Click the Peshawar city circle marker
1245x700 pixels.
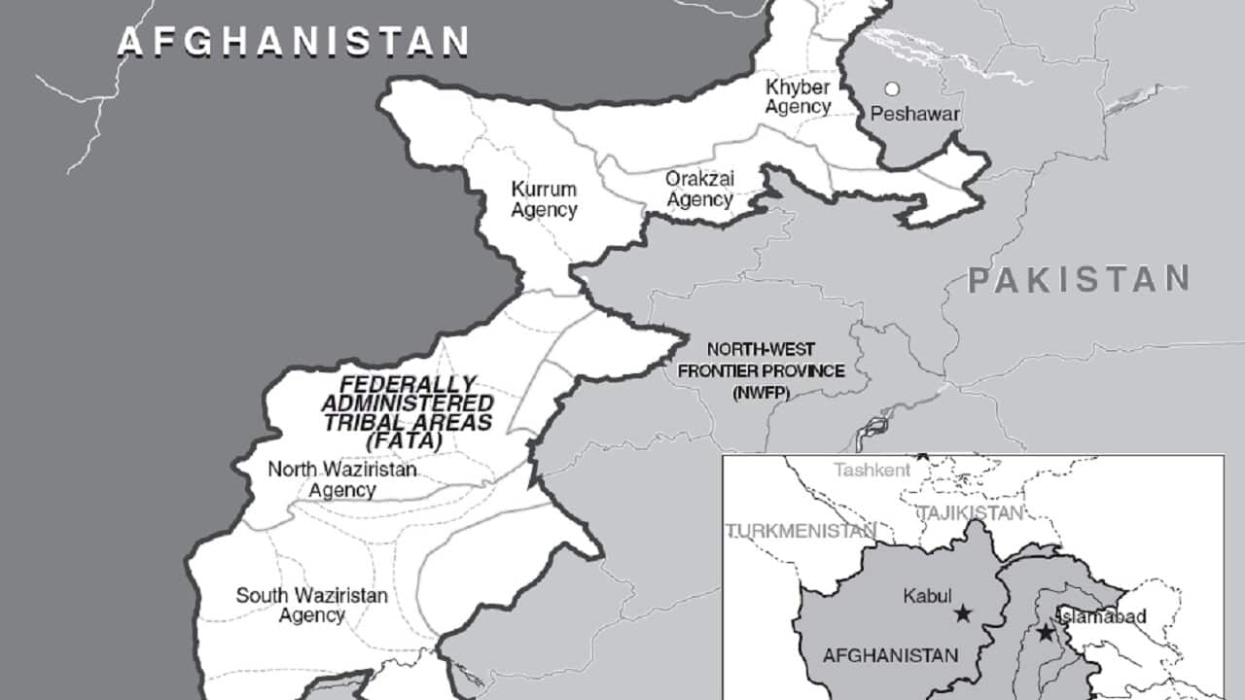pyautogui.click(x=891, y=88)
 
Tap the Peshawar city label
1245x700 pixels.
pyautogui.click(x=915, y=115)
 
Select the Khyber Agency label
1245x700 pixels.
pyautogui.click(x=798, y=96)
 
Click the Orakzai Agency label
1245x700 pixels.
pyautogui.click(x=698, y=189)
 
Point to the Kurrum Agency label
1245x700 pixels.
pyautogui.click(x=544, y=199)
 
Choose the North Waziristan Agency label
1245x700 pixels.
pyautogui.click(x=342, y=479)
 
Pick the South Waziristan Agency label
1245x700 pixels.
pyautogui.click(x=311, y=605)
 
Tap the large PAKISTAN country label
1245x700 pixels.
pyautogui.click(x=1079, y=280)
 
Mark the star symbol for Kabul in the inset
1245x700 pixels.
pyautogui.click(x=962, y=612)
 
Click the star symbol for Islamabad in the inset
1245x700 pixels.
pyautogui.click(x=1046, y=633)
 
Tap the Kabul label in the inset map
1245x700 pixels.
pyautogui.click(x=924, y=594)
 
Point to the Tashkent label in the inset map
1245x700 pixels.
pyautogui.click(x=872, y=470)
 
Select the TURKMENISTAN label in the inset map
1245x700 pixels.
pyautogui.click(x=800, y=531)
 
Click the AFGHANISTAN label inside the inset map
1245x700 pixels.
pyautogui.click(x=890, y=655)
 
